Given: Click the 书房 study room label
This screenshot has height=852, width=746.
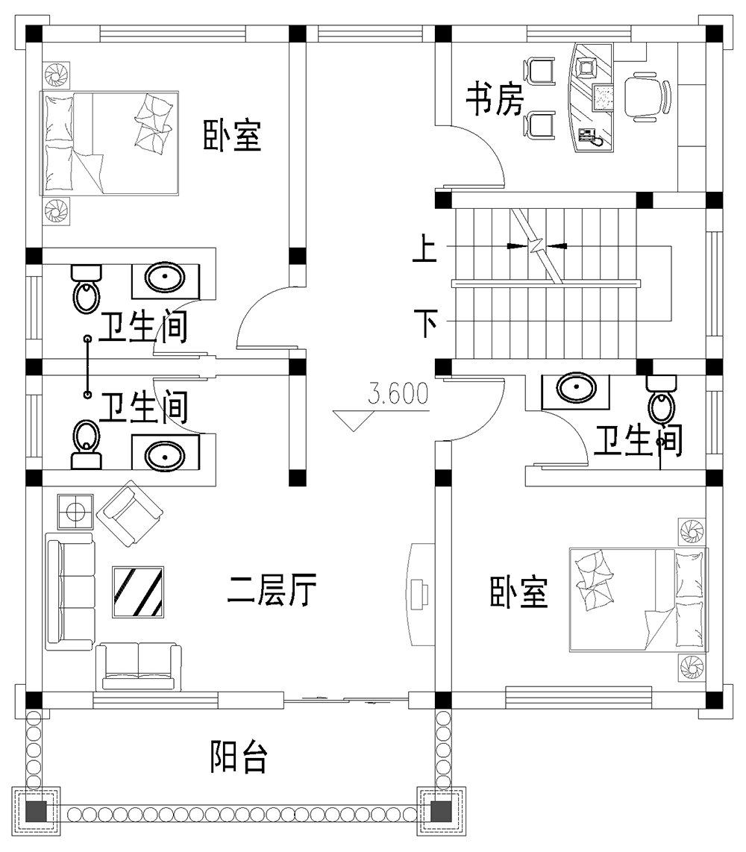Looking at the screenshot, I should tap(495, 100).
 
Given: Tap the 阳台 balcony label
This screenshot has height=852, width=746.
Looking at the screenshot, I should tap(238, 757).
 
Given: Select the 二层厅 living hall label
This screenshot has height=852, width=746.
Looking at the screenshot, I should tap(272, 592).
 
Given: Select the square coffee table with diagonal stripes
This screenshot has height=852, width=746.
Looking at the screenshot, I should tap(138, 592).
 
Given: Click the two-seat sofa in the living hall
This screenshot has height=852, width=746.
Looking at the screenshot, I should tap(139, 666).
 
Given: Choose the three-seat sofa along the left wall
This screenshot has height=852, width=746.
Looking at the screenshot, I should tap(69, 589).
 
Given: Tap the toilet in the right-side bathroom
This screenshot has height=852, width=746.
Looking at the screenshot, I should tap(661, 400).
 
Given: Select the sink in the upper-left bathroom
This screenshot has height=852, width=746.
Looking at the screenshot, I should tap(165, 279).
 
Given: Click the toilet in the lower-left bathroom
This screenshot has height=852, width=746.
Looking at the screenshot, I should tap(86, 444).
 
